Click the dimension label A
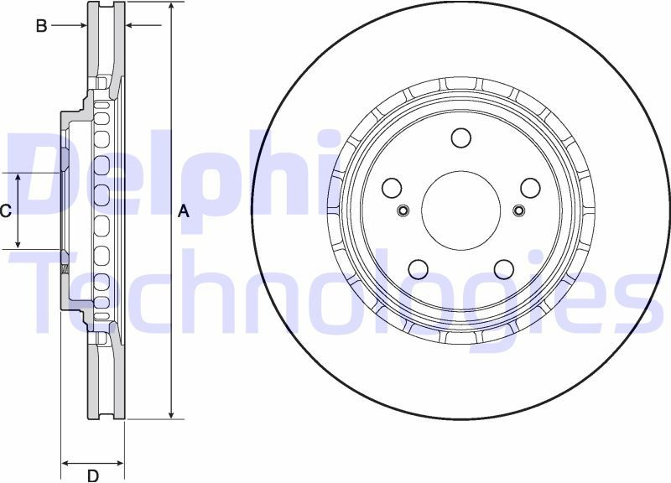184,211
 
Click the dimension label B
41,26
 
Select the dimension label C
5,211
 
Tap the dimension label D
93,475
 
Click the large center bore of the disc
460,210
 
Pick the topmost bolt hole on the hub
460,138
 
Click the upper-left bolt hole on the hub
392,188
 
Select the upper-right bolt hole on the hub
530,188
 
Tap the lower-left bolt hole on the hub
418,268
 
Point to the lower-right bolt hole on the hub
504,268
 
